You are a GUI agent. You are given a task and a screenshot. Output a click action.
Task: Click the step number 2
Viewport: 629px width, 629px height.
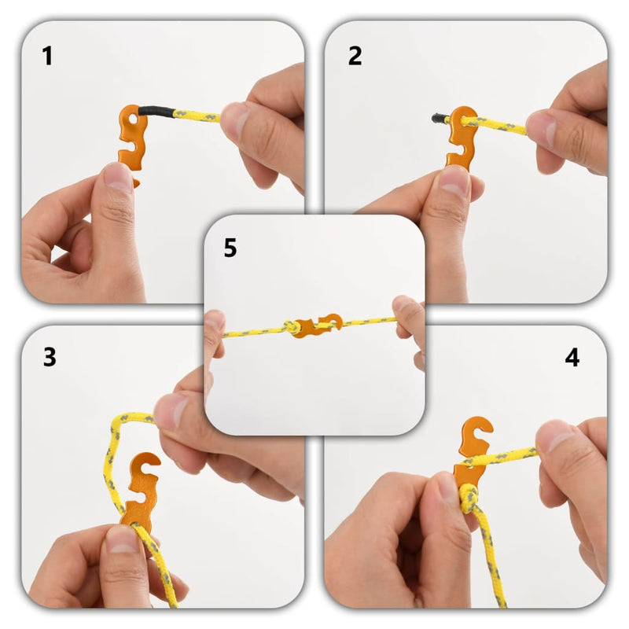(355, 56)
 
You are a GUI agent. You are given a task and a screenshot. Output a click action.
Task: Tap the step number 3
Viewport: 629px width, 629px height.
(50, 357)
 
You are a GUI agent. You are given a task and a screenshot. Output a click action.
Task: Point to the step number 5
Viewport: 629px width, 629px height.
(230, 248)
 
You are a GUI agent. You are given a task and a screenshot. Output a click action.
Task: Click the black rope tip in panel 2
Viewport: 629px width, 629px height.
(439, 119)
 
